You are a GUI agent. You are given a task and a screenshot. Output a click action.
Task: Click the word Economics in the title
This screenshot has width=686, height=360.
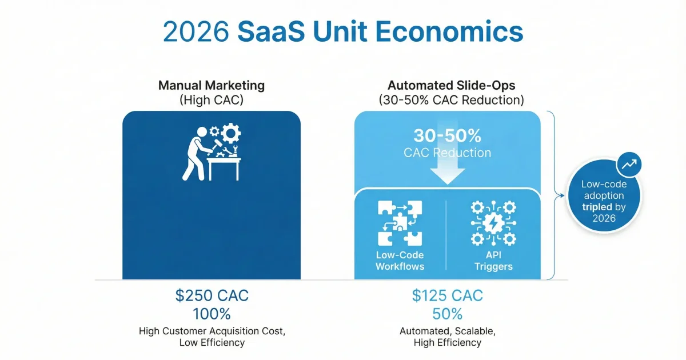pyautogui.click(x=449, y=31)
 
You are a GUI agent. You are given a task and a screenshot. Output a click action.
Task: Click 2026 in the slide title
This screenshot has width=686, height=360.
pyautogui.click(x=196, y=31)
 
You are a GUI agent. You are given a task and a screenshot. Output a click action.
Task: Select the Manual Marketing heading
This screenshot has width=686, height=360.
pyautogui.click(x=212, y=85)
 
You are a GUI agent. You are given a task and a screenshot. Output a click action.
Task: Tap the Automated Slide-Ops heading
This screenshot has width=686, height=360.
pyautogui.click(x=452, y=85)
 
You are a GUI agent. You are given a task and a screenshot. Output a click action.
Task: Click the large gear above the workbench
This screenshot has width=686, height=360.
pyautogui.click(x=230, y=133)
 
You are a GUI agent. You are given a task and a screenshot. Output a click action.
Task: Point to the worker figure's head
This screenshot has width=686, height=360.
pyautogui.click(x=202, y=132)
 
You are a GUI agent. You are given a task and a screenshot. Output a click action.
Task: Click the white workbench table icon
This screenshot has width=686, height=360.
pyautogui.click(x=224, y=169)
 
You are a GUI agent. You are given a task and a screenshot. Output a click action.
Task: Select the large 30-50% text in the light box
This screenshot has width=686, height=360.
pyautogui.click(x=448, y=135)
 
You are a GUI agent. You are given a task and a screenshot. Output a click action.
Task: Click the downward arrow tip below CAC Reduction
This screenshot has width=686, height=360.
pyautogui.click(x=448, y=184)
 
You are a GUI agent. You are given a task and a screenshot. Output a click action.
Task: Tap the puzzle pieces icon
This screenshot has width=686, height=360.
pyautogui.click(x=400, y=223)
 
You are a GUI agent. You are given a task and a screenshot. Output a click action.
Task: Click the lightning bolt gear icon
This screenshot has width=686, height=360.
pyautogui.click(x=493, y=223)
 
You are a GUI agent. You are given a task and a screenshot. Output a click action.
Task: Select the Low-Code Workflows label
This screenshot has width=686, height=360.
pyautogui.click(x=400, y=261)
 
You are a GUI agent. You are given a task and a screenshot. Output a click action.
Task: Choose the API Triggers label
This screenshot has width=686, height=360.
pyautogui.click(x=493, y=261)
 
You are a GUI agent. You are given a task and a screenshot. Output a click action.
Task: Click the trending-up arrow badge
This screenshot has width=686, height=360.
pyautogui.click(x=629, y=165)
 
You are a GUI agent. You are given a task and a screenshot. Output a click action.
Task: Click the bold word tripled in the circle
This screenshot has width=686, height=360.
pyautogui.click(x=597, y=207)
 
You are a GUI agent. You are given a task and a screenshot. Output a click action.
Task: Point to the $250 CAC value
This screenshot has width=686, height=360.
pyautogui.click(x=212, y=296)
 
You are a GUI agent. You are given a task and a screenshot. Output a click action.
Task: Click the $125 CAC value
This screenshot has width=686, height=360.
pyautogui.click(x=448, y=296)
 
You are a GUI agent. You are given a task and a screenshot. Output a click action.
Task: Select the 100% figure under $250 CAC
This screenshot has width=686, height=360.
pyautogui.click(x=212, y=314)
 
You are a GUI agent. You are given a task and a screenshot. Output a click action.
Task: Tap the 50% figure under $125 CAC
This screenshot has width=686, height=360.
pyautogui.click(x=448, y=314)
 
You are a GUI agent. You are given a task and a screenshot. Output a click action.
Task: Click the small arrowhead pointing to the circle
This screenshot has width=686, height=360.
pyautogui.click(x=562, y=195)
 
